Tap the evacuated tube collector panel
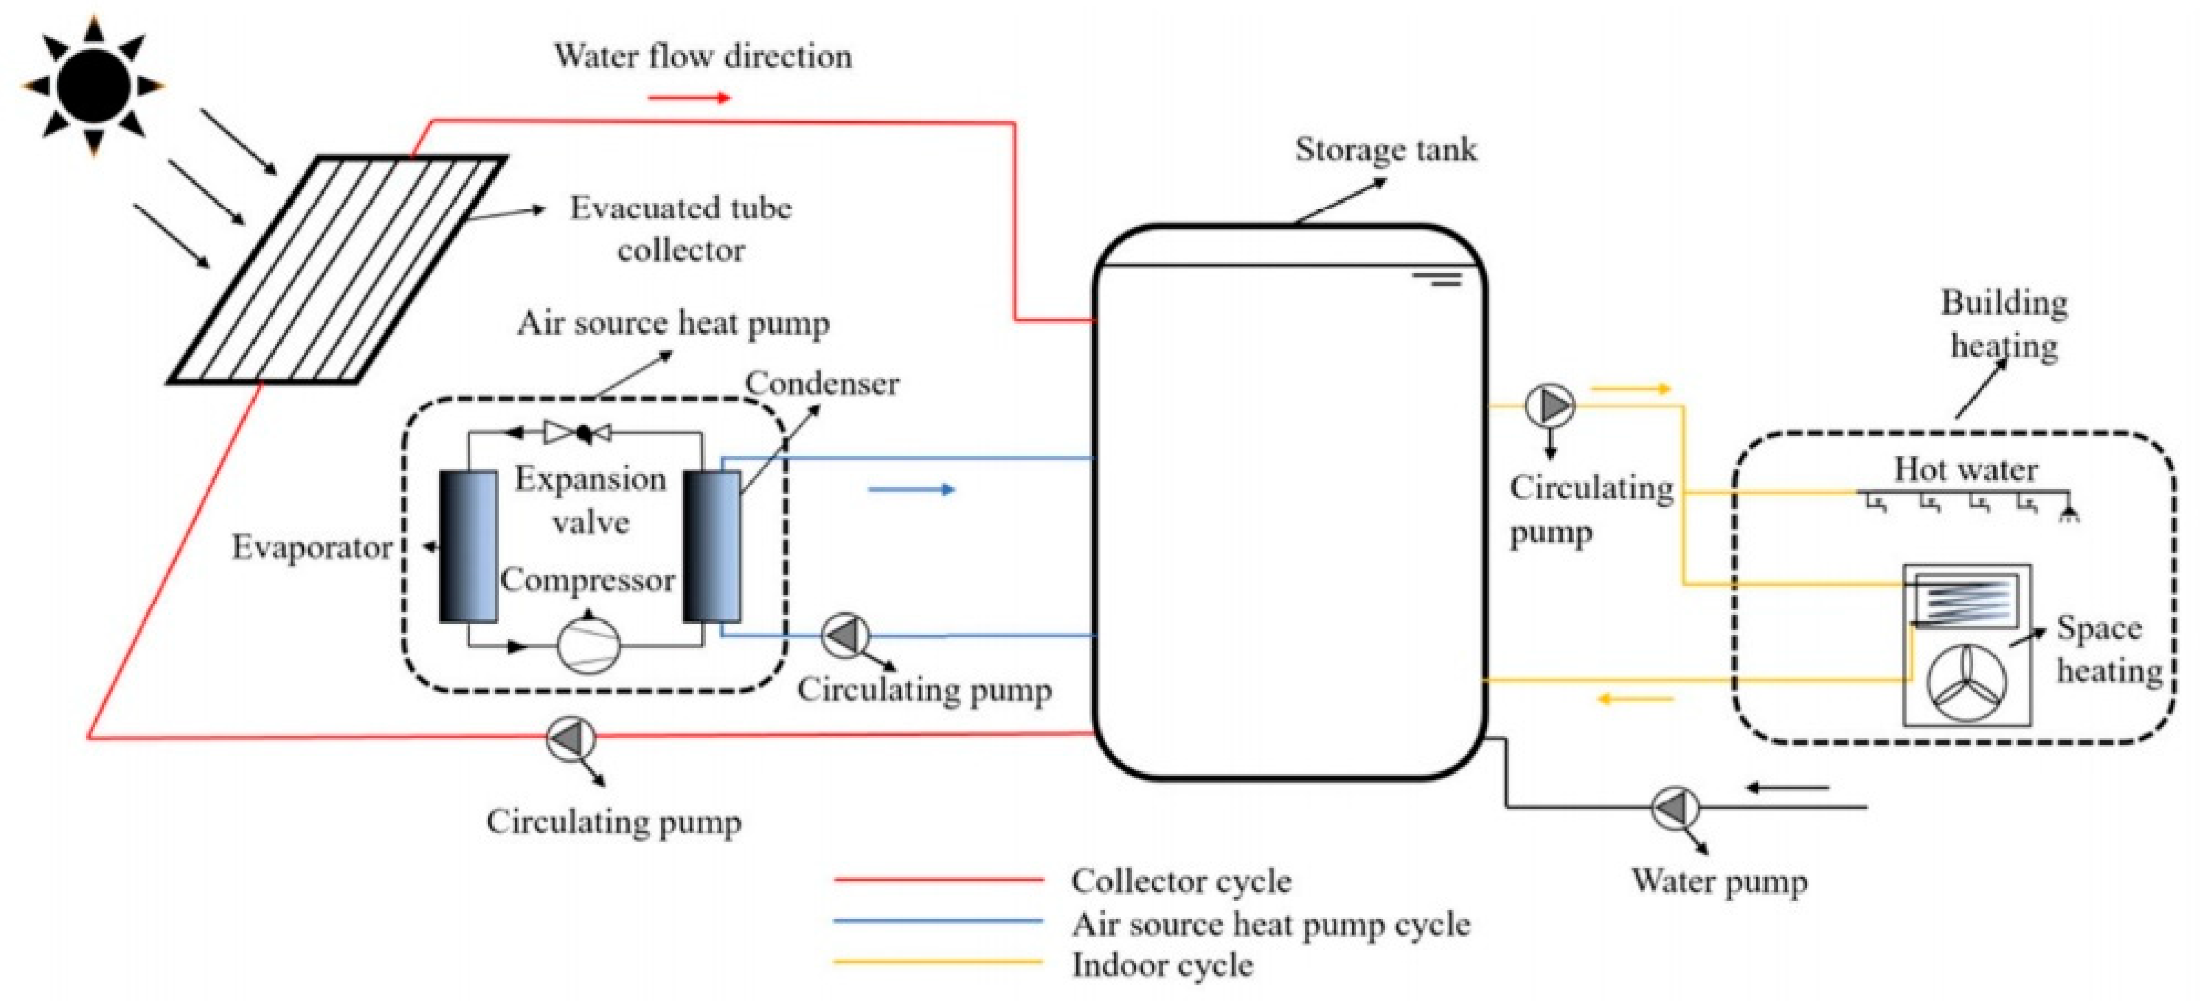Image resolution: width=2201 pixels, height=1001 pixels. click(338, 269)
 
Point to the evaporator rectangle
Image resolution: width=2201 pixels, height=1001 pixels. click(468, 547)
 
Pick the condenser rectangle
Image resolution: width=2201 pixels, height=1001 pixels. click(711, 547)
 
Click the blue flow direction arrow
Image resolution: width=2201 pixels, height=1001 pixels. click(911, 489)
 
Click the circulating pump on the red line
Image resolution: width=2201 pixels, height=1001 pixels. click(571, 738)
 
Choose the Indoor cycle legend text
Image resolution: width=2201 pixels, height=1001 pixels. click(1162, 966)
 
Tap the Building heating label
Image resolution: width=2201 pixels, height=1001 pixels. click(2004, 324)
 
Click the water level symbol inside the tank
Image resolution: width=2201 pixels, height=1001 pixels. click(1438, 279)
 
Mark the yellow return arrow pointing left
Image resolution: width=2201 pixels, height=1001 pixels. click(1634, 700)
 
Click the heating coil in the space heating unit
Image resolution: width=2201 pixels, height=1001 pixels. click(1966, 601)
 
